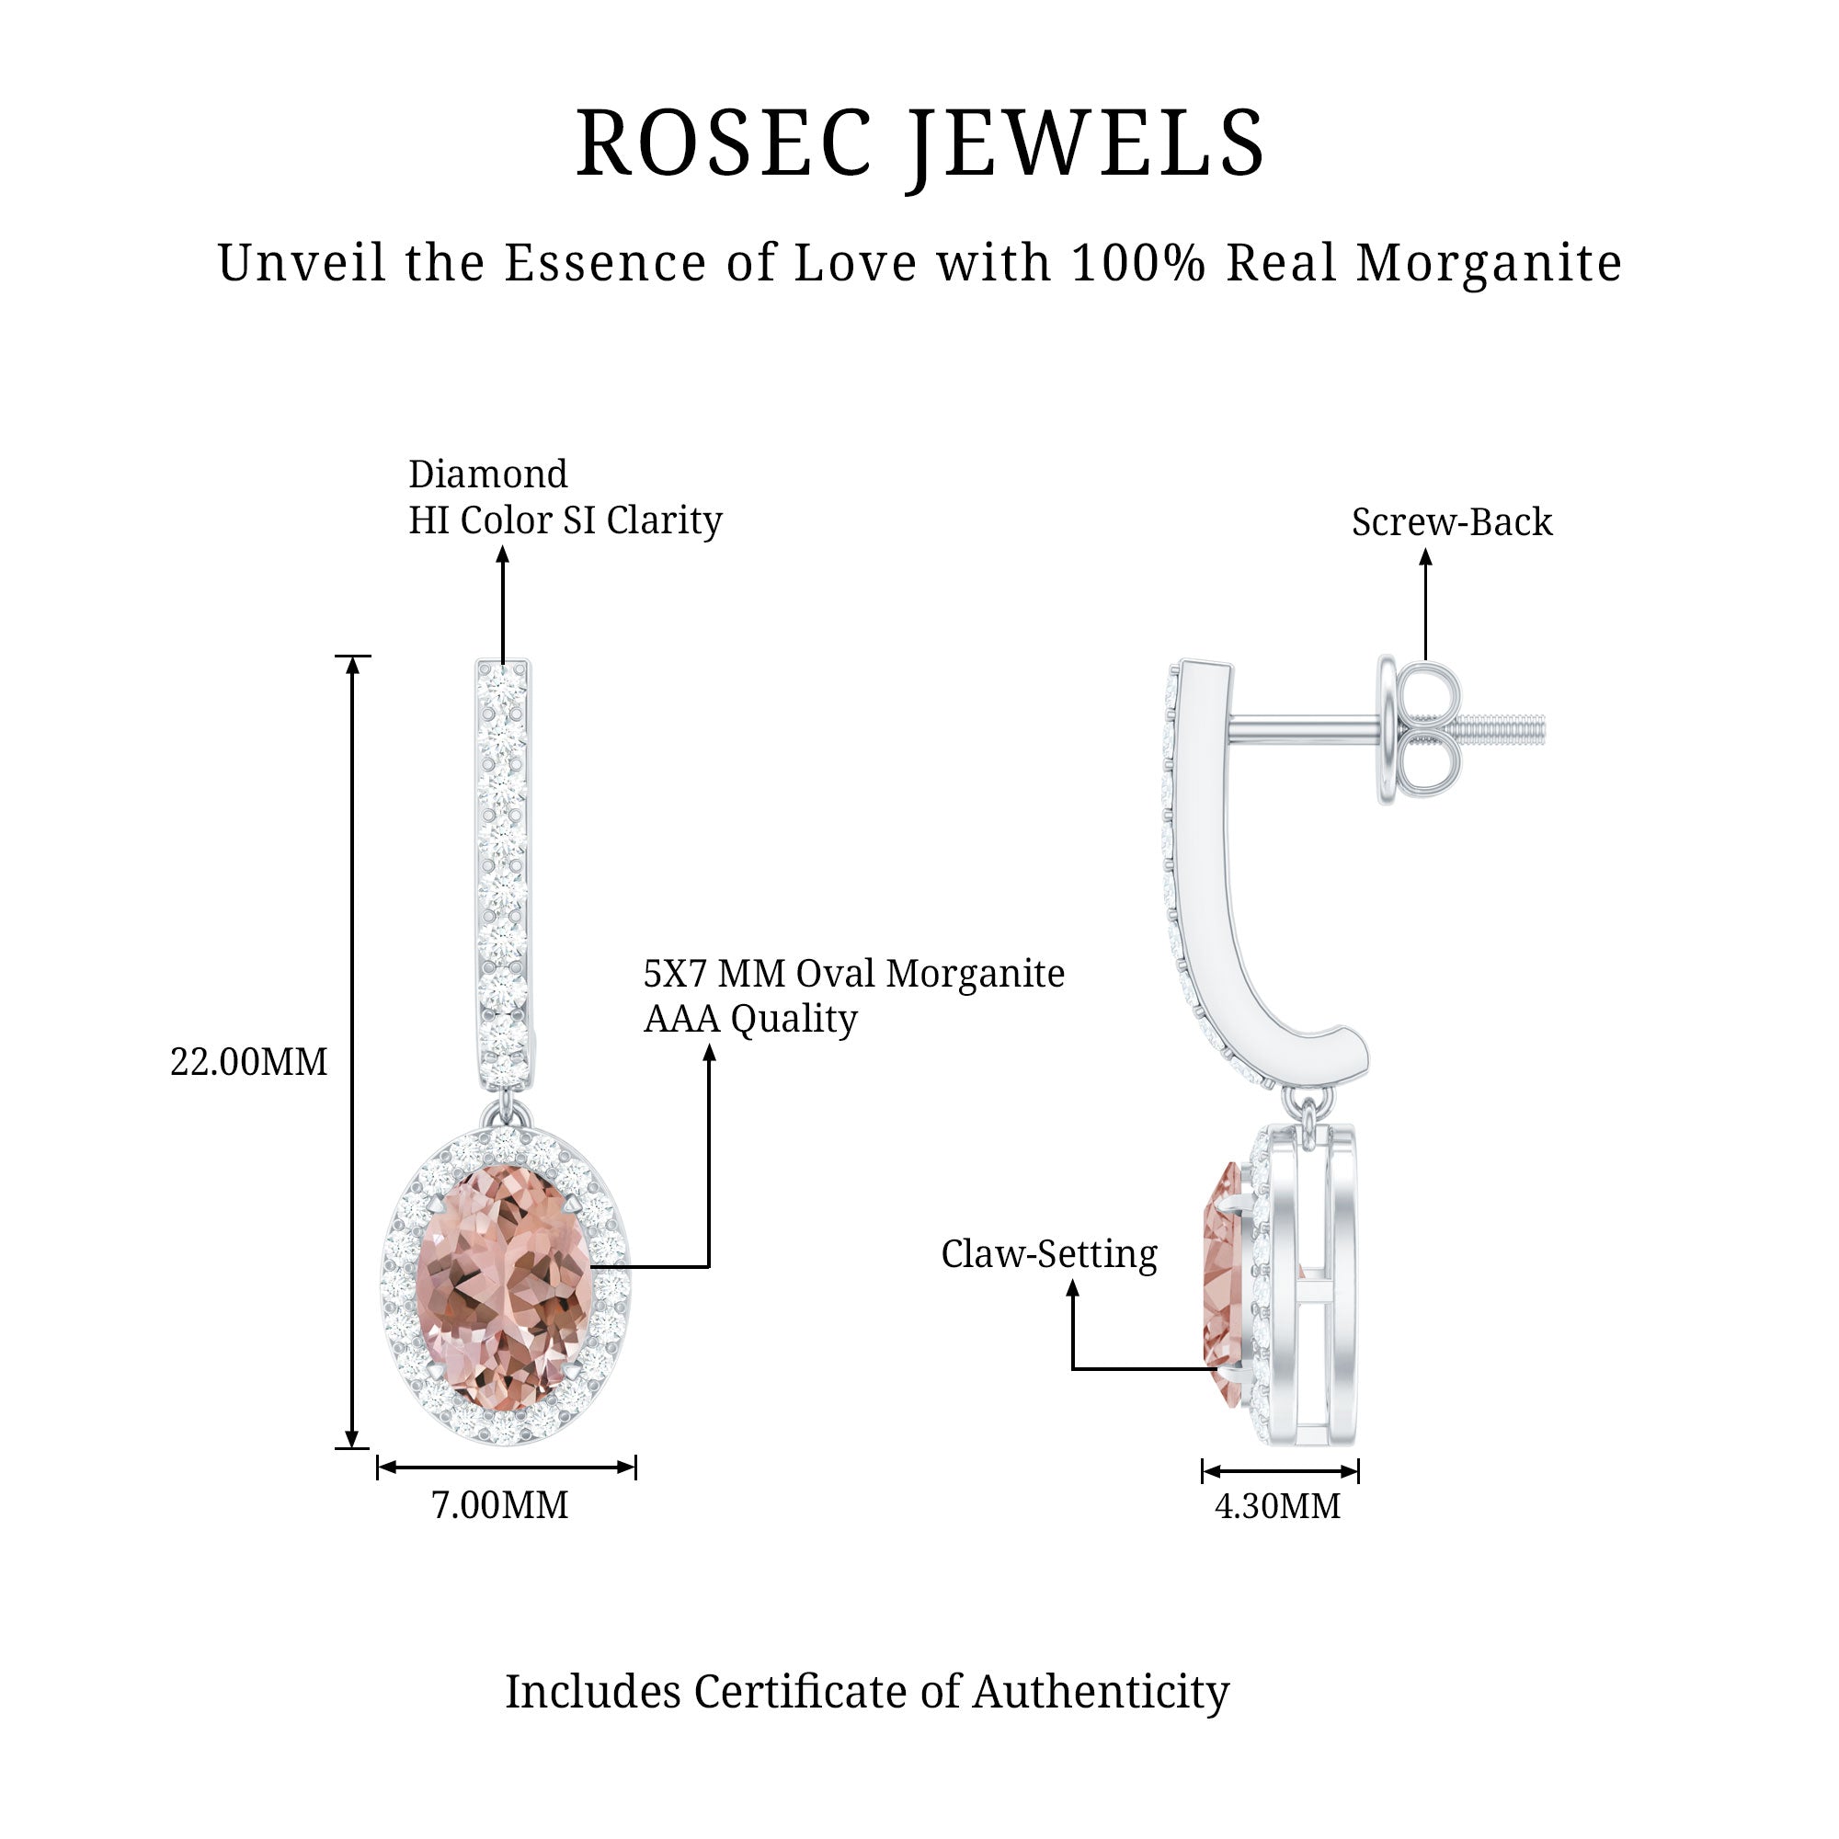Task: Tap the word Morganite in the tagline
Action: pos(1489,264)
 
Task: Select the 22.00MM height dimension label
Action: pos(248,1062)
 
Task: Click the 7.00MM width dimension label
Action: pos(499,1505)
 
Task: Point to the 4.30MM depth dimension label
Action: pos(1277,1506)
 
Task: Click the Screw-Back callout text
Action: pos(1452,522)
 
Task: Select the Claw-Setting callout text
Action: pos(1049,1254)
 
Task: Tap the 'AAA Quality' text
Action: pos(750,1020)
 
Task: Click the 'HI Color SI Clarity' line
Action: pos(565,520)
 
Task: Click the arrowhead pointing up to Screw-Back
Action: pos(1425,560)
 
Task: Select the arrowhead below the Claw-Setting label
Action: pos(1073,1290)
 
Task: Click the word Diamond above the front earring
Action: pos(487,474)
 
